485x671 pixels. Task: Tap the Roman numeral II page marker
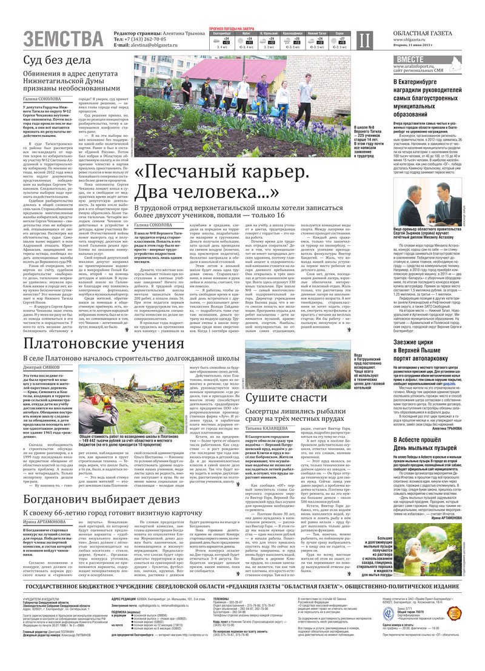point(363,41)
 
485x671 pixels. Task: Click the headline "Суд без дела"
point(57,61)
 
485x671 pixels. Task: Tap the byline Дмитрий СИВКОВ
point(41,367)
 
